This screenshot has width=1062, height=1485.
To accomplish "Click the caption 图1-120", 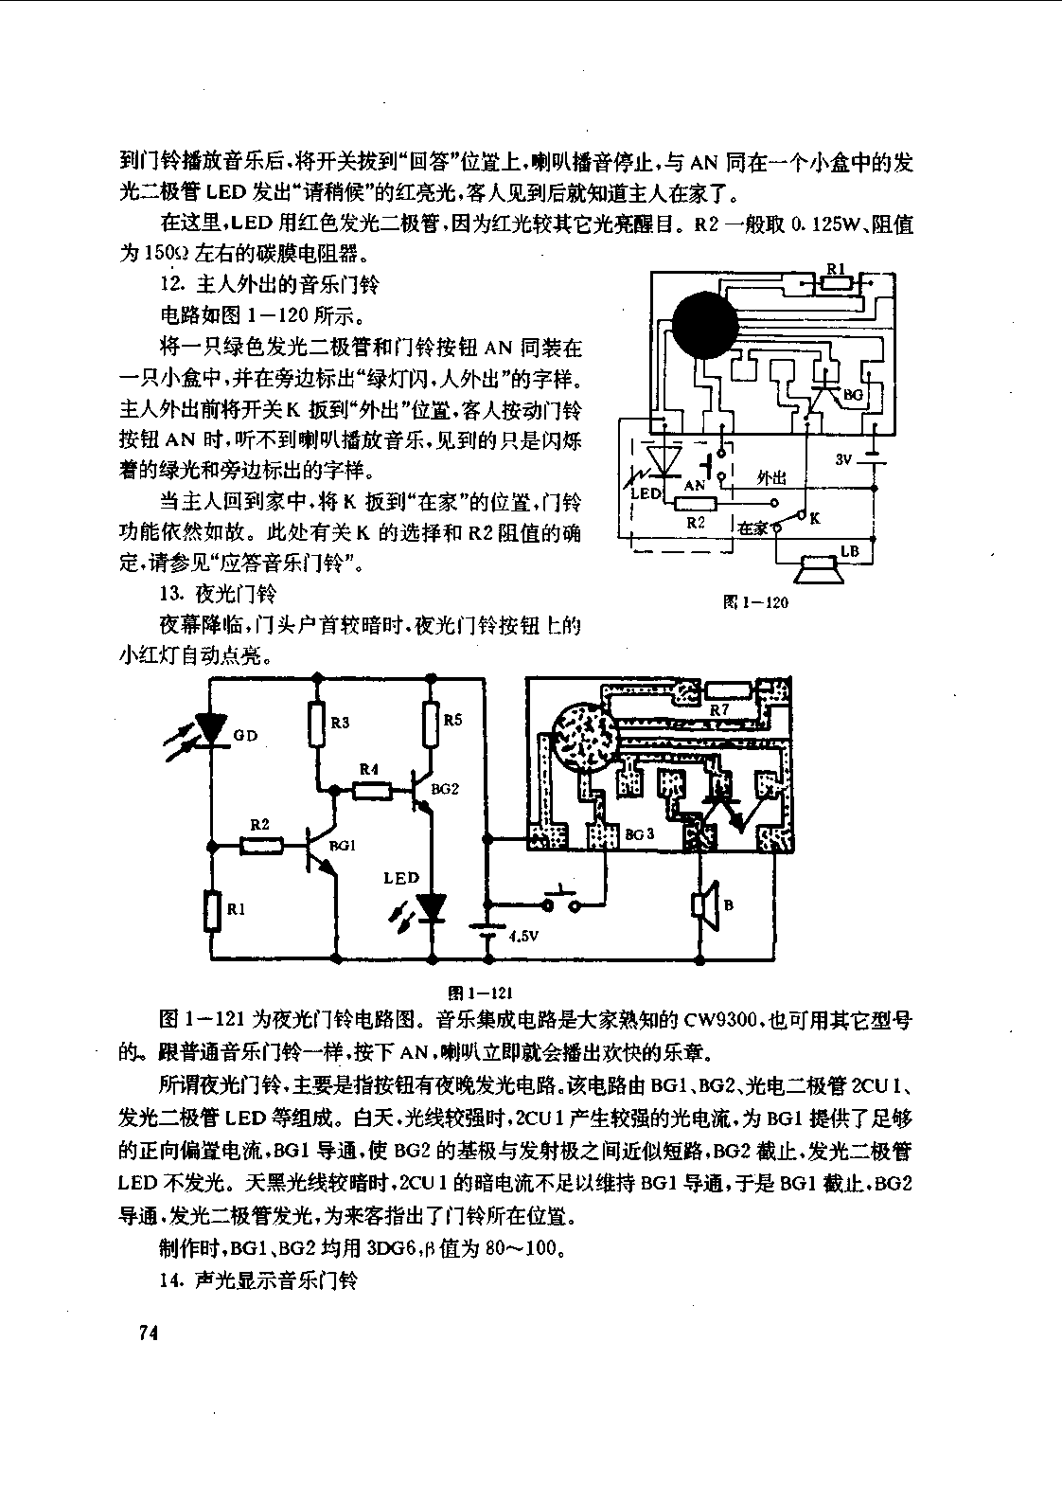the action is [x=755, y=602].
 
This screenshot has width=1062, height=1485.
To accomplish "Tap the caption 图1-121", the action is [x=480, y=993].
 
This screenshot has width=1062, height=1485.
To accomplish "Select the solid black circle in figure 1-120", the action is [x=705, y=325].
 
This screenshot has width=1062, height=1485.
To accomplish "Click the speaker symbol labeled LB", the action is [x=819, y=570].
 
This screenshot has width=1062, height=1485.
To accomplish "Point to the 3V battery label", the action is [x=842, y=458].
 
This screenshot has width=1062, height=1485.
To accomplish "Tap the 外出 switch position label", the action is [x=771, y=478].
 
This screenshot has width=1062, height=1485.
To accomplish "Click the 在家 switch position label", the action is [x=752, y=528].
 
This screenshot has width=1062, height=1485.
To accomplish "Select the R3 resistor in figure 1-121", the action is [x=317, y=725].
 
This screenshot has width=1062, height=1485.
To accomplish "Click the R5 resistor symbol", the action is [x=432, y=725].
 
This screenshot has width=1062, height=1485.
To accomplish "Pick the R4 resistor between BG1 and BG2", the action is [x=372, y=790].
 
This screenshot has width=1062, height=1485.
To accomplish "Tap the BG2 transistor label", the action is [x=445, y=789].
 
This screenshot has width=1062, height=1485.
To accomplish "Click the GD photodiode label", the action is [x=245, y=735].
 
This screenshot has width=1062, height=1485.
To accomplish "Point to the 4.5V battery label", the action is [x=523, y=936].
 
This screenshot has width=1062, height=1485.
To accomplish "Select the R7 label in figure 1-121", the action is [x=719, y=709].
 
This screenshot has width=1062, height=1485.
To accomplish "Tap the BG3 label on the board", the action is [x=640, y=833].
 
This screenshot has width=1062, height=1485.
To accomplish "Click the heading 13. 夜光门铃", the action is [x=218, y=594].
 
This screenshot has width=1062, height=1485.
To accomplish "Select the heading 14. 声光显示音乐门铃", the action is [x=258, y=1279].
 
